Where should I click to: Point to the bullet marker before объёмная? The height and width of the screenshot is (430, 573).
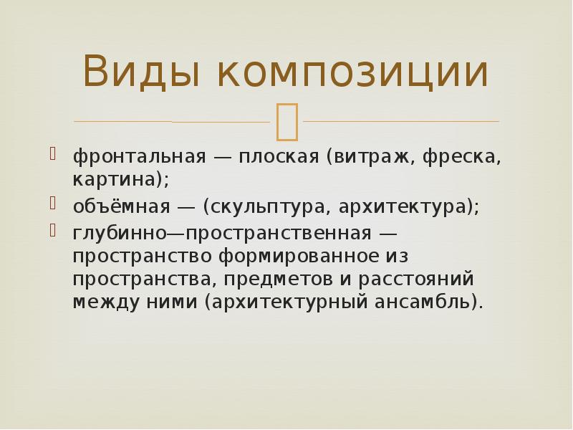tap(54, 204)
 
